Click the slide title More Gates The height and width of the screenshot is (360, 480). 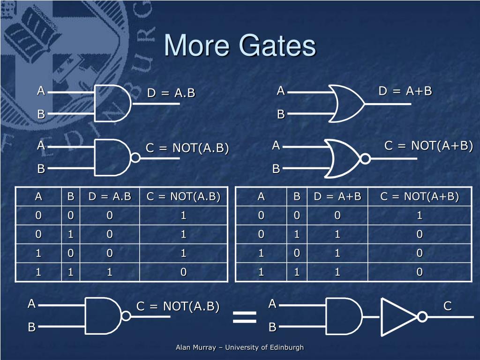[240, 46]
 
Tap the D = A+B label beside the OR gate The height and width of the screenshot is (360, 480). [405, 91]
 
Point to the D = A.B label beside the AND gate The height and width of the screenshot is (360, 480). [171, 93]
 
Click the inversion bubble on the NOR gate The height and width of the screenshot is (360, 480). [365, 158]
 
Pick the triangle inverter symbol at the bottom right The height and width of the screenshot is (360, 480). [398, 317]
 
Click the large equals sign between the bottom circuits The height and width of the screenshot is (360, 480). [245, 317]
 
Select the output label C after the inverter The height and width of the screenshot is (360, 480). [447, 307]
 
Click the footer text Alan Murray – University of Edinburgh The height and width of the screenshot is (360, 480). [240, 347]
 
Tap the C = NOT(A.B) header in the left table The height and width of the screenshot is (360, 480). [183, 196]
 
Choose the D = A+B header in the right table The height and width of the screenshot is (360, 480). [337, 196]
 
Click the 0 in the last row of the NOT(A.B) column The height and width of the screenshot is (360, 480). [183, 272]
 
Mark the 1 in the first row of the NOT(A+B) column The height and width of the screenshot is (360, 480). [420, 216]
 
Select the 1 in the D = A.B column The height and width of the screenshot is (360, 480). [110, 272]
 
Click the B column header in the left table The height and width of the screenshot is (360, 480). [70, 196]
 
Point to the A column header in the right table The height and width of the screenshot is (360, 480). [261, 196]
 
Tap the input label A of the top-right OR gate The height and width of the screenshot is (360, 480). [280, 90]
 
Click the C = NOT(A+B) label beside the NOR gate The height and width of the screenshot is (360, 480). [428, 146]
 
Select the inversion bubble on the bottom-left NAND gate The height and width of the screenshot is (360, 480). [126, 316]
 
